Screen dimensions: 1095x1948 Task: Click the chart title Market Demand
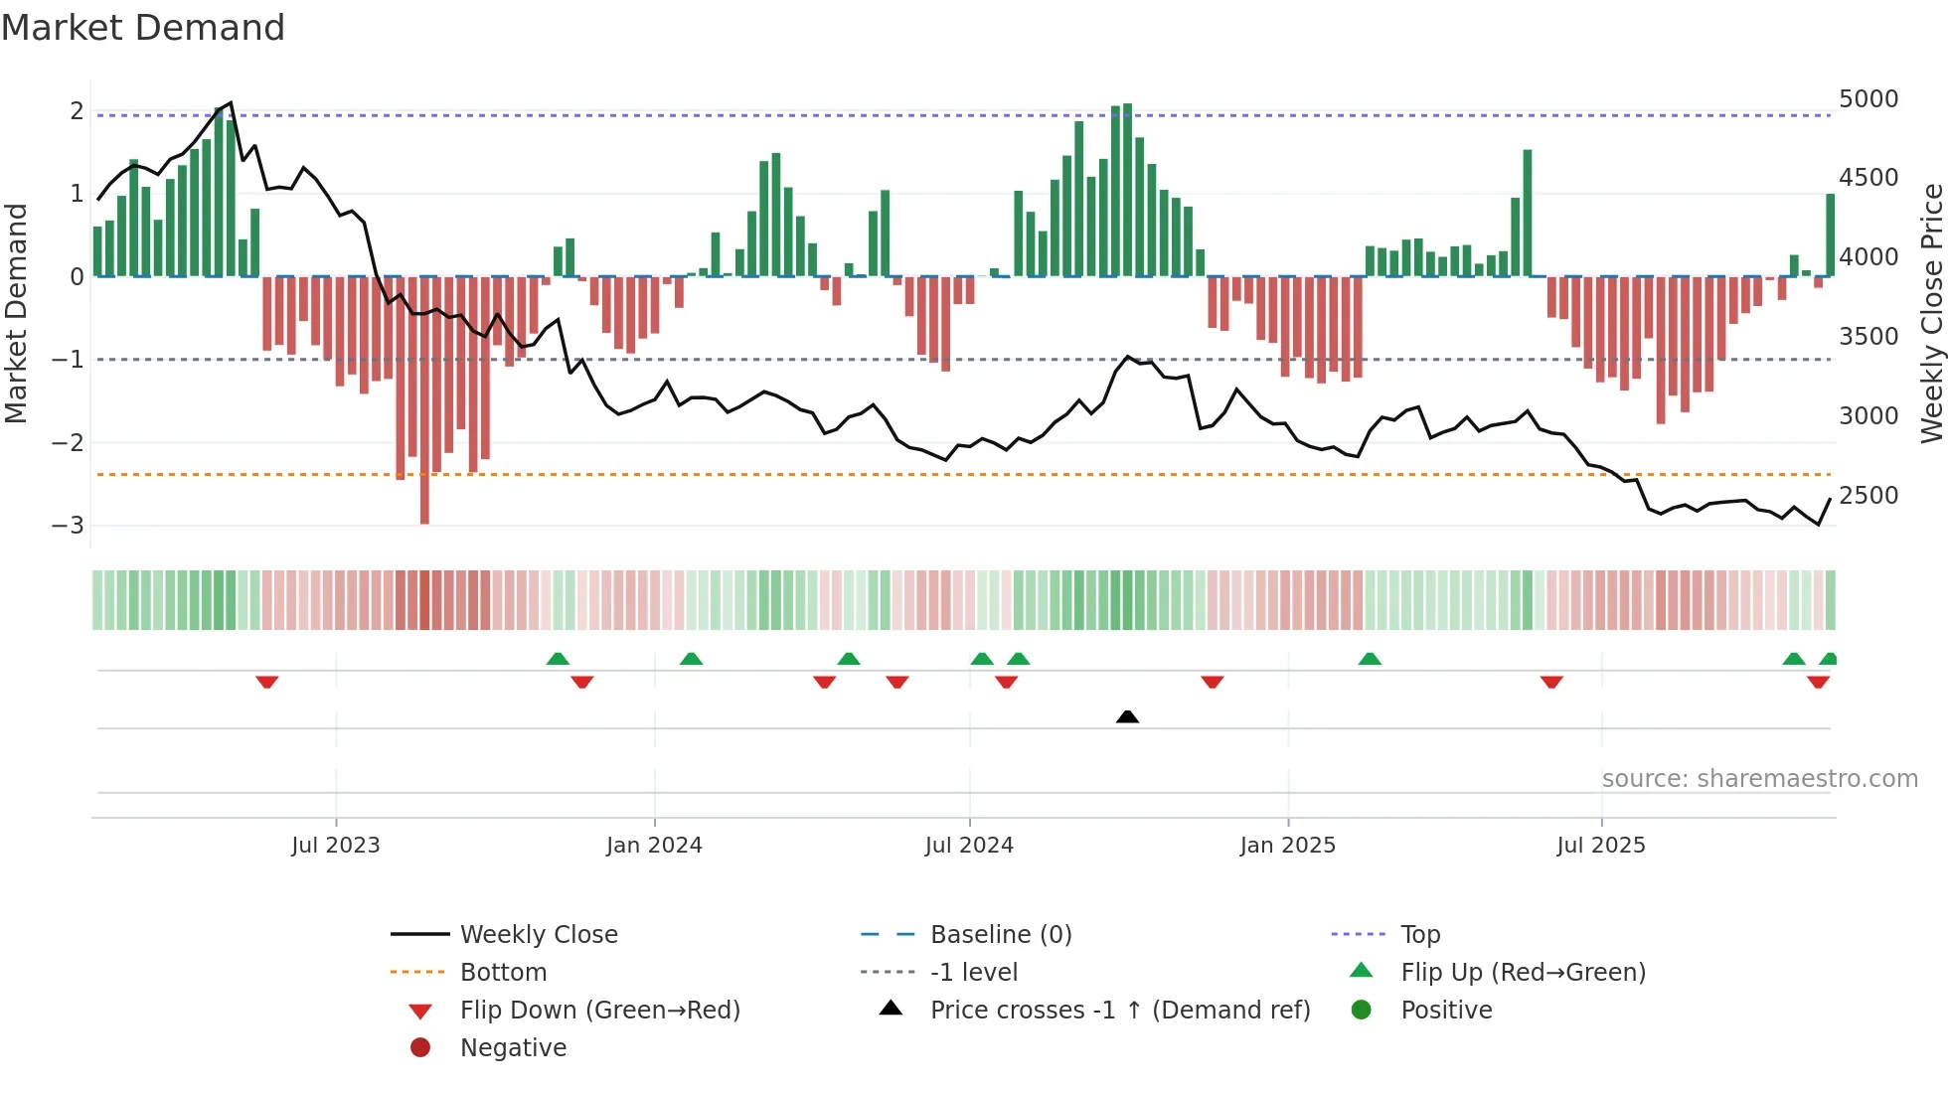tap(143, 28)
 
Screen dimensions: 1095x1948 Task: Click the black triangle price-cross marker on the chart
tap(1127, 716)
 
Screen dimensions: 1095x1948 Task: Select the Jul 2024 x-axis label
tap(969, 846)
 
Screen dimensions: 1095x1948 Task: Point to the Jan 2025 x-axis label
tap(1287, 846)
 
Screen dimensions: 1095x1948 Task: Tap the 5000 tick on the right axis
tap(1867, 99)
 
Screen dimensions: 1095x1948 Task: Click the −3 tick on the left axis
tap(69, 525)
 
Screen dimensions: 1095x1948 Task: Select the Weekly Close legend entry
tap(538, 935)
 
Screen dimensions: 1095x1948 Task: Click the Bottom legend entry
tap(503, 973)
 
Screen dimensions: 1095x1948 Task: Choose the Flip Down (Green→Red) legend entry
tap(599, 1011)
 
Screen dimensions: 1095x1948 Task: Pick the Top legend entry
tap(1419, 935)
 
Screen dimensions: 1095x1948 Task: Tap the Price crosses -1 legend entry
tap(1119, 1011)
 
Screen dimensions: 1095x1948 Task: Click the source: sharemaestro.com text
tap(1759, 779)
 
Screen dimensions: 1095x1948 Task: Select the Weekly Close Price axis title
tap(1931, 313)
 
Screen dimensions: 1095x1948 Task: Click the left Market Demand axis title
tap(17, 313)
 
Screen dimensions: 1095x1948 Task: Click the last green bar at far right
tap(1830, 235)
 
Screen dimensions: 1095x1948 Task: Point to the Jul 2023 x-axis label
tap(335, 846)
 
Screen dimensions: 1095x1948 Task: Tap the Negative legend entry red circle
tap(420, 1048)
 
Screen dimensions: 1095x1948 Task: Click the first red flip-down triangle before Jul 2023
tap(266, 682)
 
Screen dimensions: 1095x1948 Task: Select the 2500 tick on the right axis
tap(1867, 496)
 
